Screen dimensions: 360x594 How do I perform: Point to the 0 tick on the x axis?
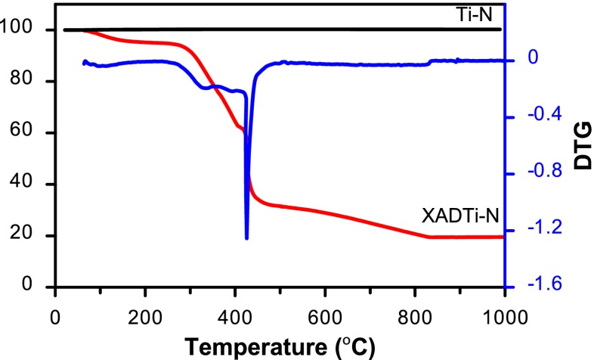coord(55,313)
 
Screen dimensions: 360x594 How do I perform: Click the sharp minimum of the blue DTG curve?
coord(246,238)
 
